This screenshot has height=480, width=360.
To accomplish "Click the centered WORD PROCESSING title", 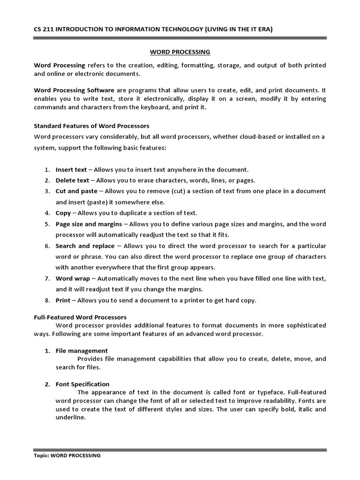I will (x=180, y=52).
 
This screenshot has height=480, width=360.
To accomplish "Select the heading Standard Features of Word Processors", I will (x=91, y=126).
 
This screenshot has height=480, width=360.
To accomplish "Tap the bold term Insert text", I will (x=71, y=170).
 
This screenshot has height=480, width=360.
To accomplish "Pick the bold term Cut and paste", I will (x=76, y=191).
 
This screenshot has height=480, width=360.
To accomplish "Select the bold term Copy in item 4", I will (x=63, y=213).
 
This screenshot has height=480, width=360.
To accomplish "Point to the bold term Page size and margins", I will (x=89, y=224).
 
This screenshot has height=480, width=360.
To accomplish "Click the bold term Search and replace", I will (x=85, y=246).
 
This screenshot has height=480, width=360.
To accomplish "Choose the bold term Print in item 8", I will (x=63, y=300).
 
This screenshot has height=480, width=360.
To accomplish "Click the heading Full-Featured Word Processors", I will (x=80, y=317).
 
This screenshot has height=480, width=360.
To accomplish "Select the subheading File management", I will (x=82, y=351).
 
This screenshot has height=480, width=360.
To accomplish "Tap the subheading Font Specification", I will (x=82, y=384).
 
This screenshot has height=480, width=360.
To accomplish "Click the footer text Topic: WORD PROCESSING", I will (x=67, y=455).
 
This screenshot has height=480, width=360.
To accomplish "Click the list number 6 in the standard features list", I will (x=47, y=246).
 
